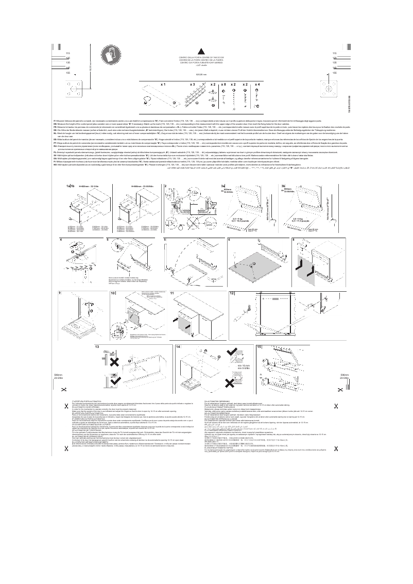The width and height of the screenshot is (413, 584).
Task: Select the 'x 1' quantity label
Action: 163,84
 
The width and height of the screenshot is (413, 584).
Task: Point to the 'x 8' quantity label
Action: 223,84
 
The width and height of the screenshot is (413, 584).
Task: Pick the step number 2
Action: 165,186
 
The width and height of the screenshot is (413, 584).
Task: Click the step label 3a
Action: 223,186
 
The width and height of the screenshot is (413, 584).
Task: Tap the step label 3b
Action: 284,186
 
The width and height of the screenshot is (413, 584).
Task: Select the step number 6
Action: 229,240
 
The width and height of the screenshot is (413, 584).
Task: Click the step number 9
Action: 61,293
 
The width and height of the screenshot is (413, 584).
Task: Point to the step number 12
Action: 232,293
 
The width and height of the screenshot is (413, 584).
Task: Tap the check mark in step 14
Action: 233,352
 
